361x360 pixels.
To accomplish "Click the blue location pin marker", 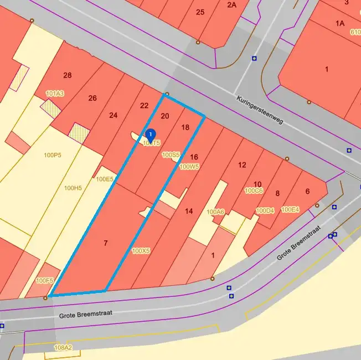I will pyautogui.click(x=150, y=135).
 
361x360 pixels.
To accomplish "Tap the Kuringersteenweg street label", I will pyautogui.click(x=260, y=110).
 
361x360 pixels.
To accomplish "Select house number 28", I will pyautogui.click(x=68, y=75).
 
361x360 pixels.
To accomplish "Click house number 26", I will pyautogui.click(x=92, y=99).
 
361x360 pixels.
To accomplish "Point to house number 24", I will pyautogui.click(x=113, y=115).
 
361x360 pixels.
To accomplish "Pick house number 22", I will pyautogui.click(x=144, y=106).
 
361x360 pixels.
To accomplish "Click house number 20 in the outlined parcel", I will pyautogui.click(x=164, y=116).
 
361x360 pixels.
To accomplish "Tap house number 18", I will pyautogui.click(x=185, y=127).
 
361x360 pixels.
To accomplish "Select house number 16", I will pyautogui.click(x=194, y=157).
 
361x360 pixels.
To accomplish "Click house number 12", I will pyautogui.click(x=242, y=165).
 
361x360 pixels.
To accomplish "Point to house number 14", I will pyautogui.click(x=189, y=211).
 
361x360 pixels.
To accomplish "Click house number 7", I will pyautogui.click(x=105, y=243).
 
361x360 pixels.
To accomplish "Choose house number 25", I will pyautogui.click(x=200, y=12).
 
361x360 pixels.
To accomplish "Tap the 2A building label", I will pyautogui.click(x=231, y=5).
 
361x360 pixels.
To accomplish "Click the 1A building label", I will pyautogui.click(x=340, y=23).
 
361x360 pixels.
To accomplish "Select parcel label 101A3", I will pyautogui.click(x=55, y=94).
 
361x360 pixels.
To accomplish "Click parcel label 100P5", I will pyautogui.click(x=52, y=155).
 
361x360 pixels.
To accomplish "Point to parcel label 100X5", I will pyautogui.click(x=141, y=251).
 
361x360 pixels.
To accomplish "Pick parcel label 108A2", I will pyautogui.click(x=63, y=348).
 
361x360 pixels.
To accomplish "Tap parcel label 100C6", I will pyautogui.click(x=254, y=191).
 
